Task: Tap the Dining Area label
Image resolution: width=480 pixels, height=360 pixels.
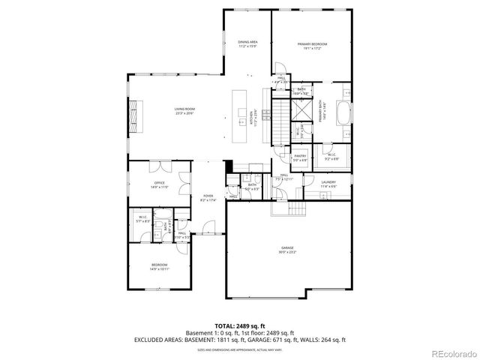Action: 247,43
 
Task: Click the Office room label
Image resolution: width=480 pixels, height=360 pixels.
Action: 159,184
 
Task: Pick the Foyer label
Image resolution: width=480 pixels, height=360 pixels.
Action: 208,198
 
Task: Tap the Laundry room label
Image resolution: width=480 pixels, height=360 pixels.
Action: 328,184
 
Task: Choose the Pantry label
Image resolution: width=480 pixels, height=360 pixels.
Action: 300,158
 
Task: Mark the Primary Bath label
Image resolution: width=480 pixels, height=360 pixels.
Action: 321,113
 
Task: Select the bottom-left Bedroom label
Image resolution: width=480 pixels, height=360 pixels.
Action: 159,267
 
